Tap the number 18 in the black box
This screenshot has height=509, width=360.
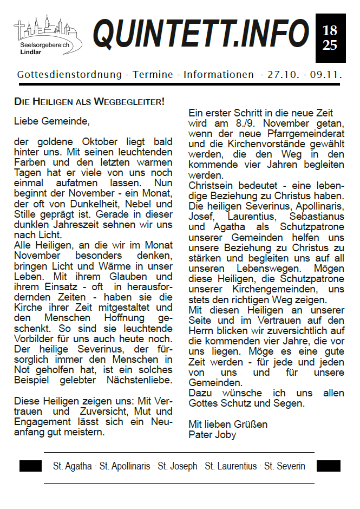(x=329, y=30)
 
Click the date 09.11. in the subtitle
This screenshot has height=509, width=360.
(x=326, y=74)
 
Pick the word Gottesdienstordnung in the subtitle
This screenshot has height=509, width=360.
(x=69, y=74)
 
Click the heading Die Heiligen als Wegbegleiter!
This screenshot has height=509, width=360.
(x=89, y=101)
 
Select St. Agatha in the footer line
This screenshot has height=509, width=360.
(x=72, y=466)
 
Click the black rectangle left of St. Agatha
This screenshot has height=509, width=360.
(x=30, y=466)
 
